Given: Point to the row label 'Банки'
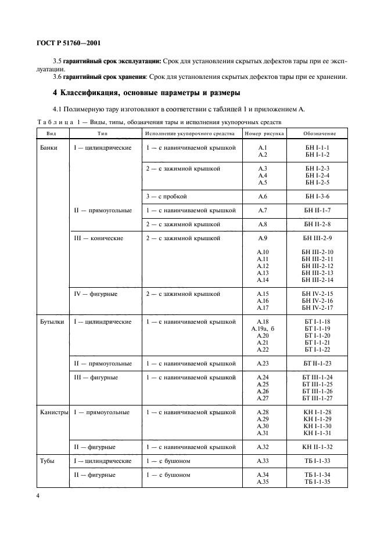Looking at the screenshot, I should click(49, 148).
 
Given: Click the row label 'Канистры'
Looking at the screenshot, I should click(53, 412).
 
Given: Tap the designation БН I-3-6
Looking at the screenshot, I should click(317, 197).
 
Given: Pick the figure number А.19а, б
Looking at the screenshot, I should click(261, 329).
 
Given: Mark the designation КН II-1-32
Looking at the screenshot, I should click(317, 447).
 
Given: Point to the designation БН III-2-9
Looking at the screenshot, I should click(317, 238).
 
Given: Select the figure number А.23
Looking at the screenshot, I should click(263, 364).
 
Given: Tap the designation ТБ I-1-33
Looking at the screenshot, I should click(317, 461).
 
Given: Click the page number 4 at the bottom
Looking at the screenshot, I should click(38, 496).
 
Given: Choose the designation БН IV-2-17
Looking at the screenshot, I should click(317, 308).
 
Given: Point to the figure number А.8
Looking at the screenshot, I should click(263, 224).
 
